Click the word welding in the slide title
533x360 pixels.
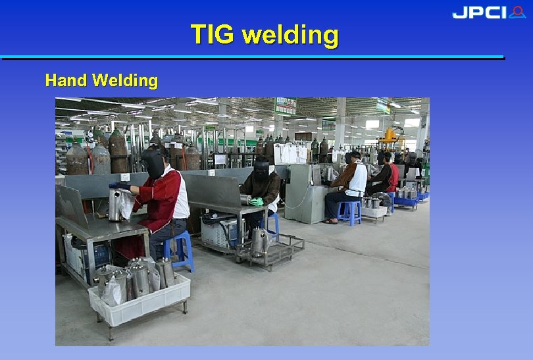coord(290,34)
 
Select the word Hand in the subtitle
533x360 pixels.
coord(66,81)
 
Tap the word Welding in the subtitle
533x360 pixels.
coord(125,81)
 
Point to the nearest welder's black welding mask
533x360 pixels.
coord(153,163)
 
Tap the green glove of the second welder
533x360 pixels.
coord(257,202)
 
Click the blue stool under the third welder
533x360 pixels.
coord(349,213)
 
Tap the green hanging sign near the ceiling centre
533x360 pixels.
coord(285,106)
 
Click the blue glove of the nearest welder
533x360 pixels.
coord(120,186)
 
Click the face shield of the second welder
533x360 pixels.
coord(261,170)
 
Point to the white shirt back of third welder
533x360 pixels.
coord(358,180)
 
